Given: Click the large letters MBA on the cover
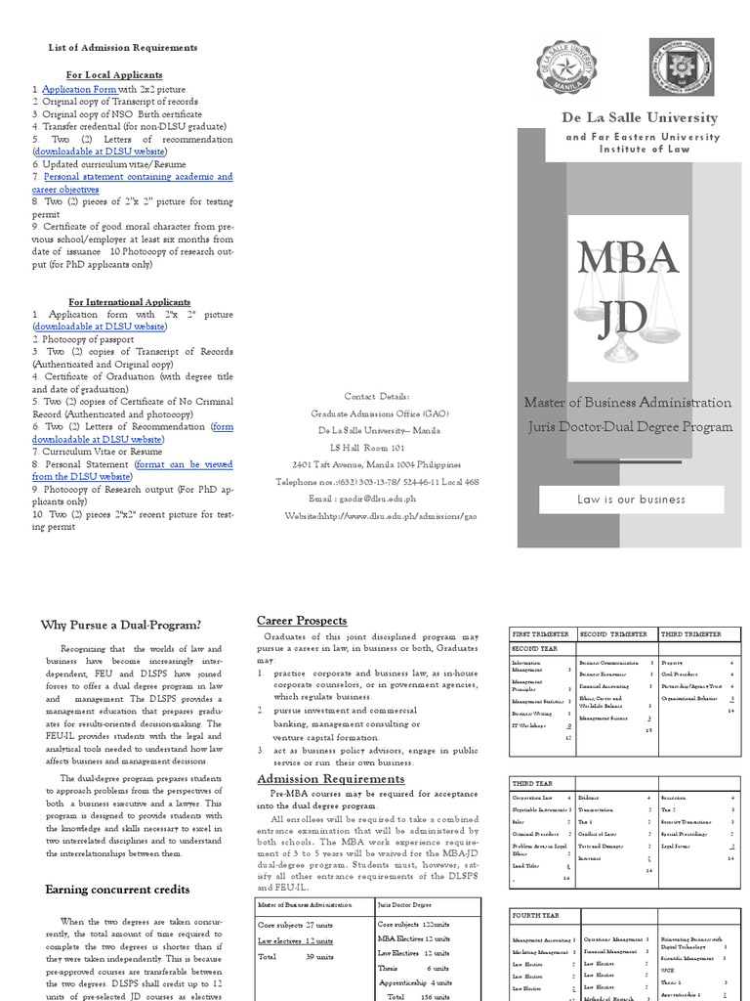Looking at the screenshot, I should [627, 257].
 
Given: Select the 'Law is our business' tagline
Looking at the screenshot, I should [631, 500].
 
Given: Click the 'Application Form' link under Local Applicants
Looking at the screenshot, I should [79, 89].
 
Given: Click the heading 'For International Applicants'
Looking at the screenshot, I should [129, 302].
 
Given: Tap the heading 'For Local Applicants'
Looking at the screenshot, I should [114, 74].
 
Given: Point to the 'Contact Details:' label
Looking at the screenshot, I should [378, 396].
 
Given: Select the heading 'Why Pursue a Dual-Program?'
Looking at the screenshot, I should [121, 626].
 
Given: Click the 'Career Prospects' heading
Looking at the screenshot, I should [302, 621].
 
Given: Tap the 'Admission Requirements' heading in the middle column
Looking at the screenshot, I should [316, 778].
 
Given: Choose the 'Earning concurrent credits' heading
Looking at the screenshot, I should [117, 889].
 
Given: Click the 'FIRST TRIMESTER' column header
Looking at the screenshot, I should [542, 634].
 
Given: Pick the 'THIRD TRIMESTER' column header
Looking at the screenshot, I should [691, 634].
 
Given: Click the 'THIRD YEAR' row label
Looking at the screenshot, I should [532, 784].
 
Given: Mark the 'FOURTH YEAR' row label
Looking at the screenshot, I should [537, 916].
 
